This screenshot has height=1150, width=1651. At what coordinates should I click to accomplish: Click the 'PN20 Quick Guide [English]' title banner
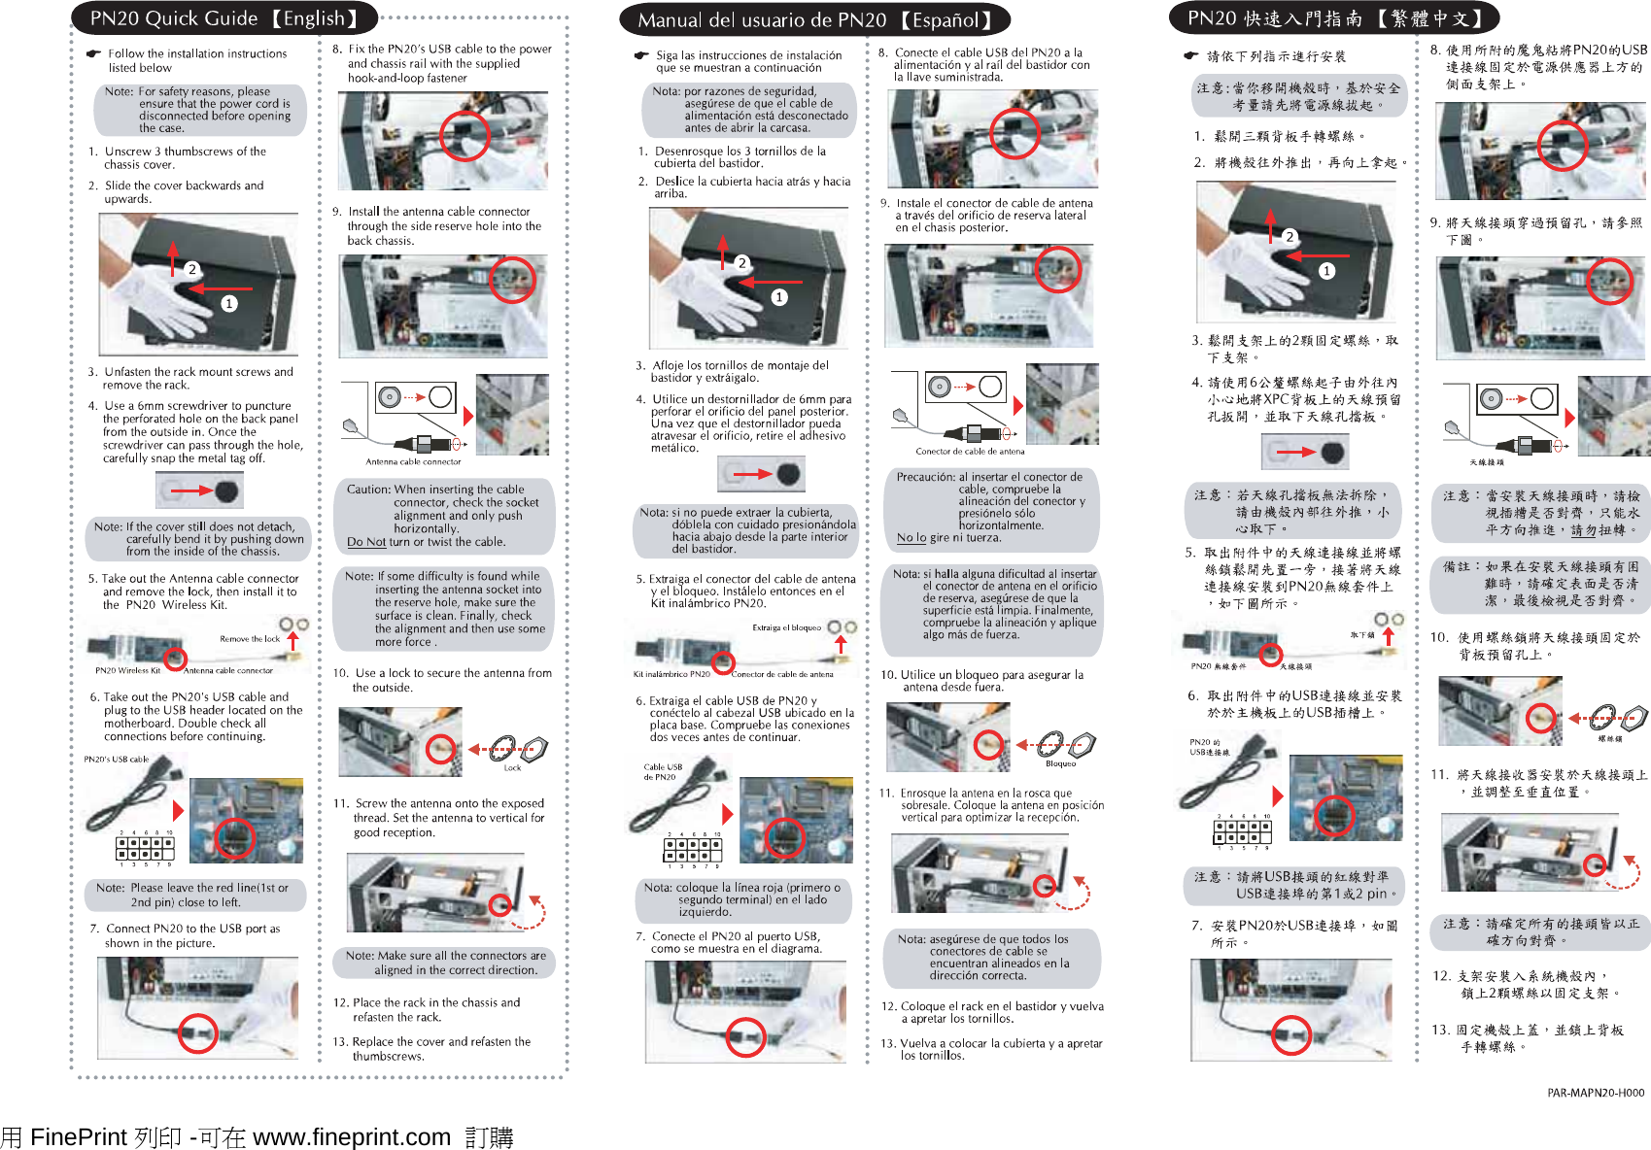[223, 18]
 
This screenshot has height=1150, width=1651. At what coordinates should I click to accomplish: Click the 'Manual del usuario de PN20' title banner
[814, 20]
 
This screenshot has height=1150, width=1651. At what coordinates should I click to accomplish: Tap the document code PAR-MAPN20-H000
[1596, 1093]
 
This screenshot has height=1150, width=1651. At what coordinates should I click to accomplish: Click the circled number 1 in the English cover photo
[229, 304]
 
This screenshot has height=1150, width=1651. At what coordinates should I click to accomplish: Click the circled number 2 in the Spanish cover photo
[742, 263]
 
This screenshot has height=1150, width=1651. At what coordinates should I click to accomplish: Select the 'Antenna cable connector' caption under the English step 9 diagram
[413, 462]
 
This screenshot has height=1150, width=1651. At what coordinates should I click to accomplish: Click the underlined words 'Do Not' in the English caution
[366, 542]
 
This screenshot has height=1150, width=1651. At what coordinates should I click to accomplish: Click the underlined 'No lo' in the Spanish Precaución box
[911, 537]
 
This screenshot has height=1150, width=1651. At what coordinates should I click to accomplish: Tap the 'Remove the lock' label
[250, 639]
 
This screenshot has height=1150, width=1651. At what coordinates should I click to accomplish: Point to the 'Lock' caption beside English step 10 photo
[512, 768]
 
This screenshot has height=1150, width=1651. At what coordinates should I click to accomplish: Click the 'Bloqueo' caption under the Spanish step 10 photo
[1060, 763]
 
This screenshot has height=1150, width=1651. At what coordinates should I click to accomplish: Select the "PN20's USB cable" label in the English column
[116, 760]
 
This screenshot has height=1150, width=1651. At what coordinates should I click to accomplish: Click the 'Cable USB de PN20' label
[663, 772]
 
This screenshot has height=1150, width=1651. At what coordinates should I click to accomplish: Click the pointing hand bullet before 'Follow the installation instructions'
[93, 54]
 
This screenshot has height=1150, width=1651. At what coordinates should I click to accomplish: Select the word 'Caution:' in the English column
[368, 490]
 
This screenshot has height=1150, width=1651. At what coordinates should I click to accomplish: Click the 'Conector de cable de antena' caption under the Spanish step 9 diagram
[970, 452]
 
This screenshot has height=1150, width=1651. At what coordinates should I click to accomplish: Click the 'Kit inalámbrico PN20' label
[671, 674]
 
